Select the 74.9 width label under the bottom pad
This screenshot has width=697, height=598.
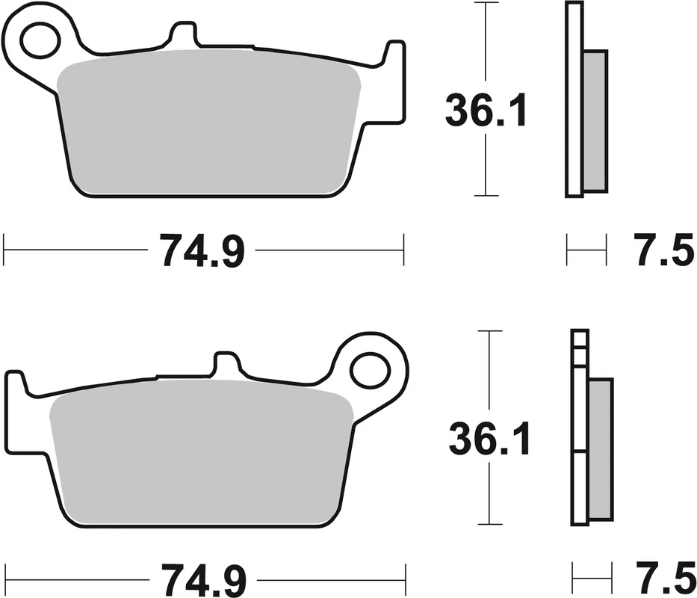(x=202, y=579)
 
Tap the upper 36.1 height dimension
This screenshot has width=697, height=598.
(x=486, y=110)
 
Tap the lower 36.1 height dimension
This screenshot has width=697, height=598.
(x=489, y=438)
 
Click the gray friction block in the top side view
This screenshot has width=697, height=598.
(x=595, y=120)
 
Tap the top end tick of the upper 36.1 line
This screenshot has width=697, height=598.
(x=486, y=3)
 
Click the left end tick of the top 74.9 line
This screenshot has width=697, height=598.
(x=4, y=249)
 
